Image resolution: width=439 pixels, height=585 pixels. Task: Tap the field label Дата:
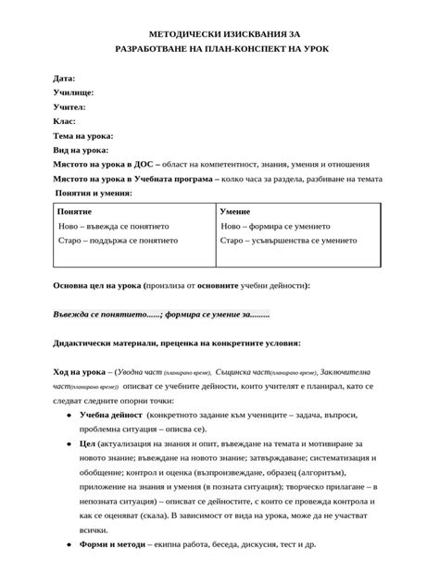[x=65, y=79]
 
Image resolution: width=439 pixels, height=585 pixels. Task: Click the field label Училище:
[x=73, y=93]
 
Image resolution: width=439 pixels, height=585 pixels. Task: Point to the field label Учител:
[x=70, y=106]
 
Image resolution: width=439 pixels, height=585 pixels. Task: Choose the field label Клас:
[x=65, y=120]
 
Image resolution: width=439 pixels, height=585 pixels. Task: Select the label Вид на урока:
[x=81, y=149]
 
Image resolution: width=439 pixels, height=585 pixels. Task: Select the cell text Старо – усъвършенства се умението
[x=288, y=241]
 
